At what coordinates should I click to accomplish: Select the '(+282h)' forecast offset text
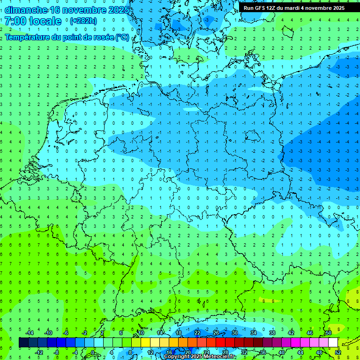83,21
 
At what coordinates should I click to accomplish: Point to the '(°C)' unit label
122,37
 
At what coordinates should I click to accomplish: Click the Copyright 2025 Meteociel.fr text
200,357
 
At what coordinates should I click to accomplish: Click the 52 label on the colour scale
338,352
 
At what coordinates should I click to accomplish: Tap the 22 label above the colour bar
197,333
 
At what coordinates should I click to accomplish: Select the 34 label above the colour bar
254,333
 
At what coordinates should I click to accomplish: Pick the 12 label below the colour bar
150,352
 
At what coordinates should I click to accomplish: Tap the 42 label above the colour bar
291,333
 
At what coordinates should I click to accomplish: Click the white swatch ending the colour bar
333,343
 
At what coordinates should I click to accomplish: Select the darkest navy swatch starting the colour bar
23,343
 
